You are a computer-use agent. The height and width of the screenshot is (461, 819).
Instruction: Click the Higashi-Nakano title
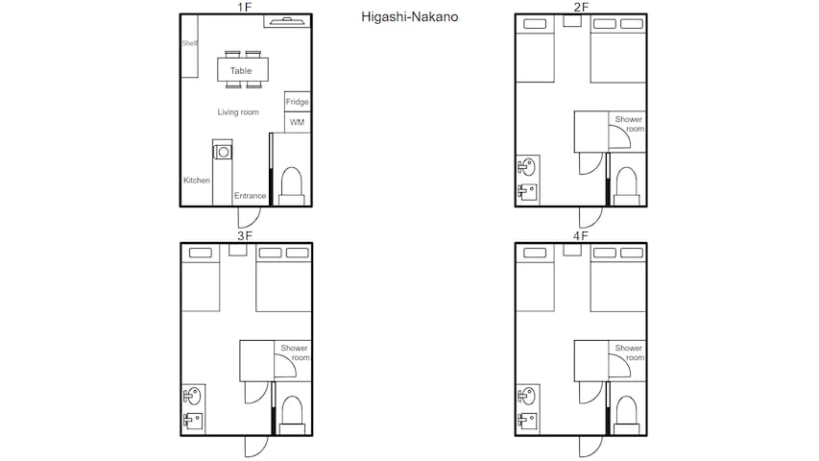(x=409, y=17)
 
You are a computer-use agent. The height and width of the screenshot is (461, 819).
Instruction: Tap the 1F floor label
(x=245, y=7)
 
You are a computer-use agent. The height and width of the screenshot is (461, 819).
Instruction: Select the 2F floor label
(x=581, y=7)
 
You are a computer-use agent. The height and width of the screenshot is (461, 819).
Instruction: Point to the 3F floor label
(x=245, y=235)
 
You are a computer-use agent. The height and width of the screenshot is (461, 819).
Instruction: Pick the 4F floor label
(x=580, y=235)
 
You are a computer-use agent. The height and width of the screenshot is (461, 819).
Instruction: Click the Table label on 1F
(x=241, y=70)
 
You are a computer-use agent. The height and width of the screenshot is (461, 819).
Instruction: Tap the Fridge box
(x=298, y=102)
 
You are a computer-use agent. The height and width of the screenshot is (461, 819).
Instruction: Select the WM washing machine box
(x=298, y=122)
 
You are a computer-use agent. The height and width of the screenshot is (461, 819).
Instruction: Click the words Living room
(x=238, y=111)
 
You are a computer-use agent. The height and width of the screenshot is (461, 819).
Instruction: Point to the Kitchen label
(x=197, y=181)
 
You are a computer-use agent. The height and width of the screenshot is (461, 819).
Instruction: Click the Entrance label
(x=251, y=196)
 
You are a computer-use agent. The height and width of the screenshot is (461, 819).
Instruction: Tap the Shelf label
(x=189, y=43)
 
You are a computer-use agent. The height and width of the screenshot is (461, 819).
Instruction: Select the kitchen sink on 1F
(x=223, y=152)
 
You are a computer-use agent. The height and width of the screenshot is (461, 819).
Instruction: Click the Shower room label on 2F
(x=630, y=124)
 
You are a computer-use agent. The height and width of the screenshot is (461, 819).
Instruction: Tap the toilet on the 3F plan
(x=292, y=415)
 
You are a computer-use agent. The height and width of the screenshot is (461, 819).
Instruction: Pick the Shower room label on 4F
(x=630, y=352)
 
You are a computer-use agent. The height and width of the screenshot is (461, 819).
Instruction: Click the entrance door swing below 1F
(x=249, y=217)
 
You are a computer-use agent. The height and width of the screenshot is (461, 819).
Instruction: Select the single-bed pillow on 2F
(x=535, y=23)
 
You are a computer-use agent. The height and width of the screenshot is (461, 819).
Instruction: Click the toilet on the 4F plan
(x=626, y=415)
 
